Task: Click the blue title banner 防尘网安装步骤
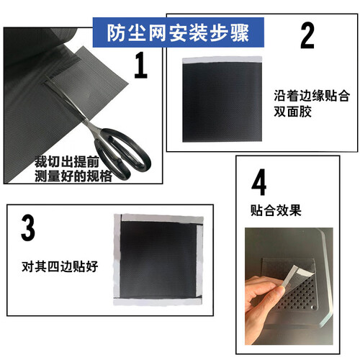tap(179, 32)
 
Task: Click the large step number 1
tap(140, 65)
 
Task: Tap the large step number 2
tap(307, 35)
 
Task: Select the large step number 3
tap(28, 228)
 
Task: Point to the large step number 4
tap(258, 182)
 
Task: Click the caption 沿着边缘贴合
tap(312, 96)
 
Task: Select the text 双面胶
tap(293, 112)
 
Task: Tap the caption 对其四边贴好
tap(60, 266)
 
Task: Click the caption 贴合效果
tap(276, 210)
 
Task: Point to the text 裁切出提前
tap(67, 162)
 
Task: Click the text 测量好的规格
tap(73, 176)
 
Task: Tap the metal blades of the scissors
tap(70, 101)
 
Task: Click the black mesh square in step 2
tap(222, 102)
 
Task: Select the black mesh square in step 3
tap(158, 260)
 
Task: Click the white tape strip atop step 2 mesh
tap(222, 60)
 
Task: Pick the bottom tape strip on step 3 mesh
tap(157, 302)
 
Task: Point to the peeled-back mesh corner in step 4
tap(297, 276)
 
